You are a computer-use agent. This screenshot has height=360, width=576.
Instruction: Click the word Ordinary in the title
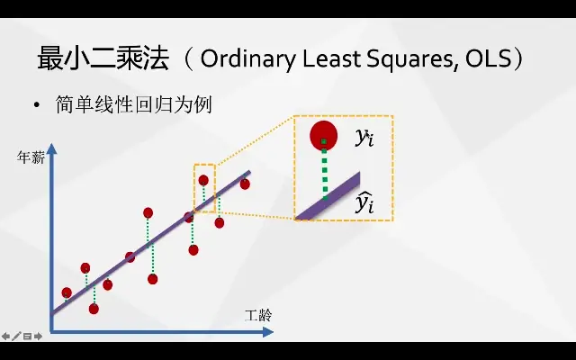[x=247, y=58]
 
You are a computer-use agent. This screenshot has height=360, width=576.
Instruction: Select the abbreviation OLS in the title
[x=488, y=58]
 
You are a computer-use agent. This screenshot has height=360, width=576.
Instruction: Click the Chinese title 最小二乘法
[x=103, y=58]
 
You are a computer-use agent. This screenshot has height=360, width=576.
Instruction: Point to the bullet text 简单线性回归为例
[x=134, y=104]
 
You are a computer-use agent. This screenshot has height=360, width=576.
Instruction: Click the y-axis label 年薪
[x=31, y=158]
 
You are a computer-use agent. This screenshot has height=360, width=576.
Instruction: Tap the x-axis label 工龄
[x=258, y=316]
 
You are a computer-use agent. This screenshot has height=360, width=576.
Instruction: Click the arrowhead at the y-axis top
[x=52, y=148]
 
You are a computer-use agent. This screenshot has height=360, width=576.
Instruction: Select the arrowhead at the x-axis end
[x=268, y=332]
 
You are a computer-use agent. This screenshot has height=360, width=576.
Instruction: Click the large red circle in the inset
[x=324, y=136]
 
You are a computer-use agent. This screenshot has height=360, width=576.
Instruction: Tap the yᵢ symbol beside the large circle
[x=364, y=138]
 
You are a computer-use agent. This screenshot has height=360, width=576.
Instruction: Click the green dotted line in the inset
[x=324, y=169]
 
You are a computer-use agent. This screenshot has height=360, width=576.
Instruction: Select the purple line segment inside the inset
[x=328, y=196]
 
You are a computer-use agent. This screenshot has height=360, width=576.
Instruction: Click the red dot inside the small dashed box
[x=203, y=180]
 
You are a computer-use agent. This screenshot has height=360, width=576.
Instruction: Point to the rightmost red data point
[x=245, y=184]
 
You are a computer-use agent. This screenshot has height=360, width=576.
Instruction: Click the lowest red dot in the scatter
[x=94, y=309]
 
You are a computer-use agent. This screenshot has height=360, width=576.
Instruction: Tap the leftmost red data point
[x=67, y=292]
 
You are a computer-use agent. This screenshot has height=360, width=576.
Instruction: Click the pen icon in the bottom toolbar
[x=16, y=336]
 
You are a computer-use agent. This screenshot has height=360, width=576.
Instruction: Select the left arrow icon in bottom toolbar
[x=5, y=336]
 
